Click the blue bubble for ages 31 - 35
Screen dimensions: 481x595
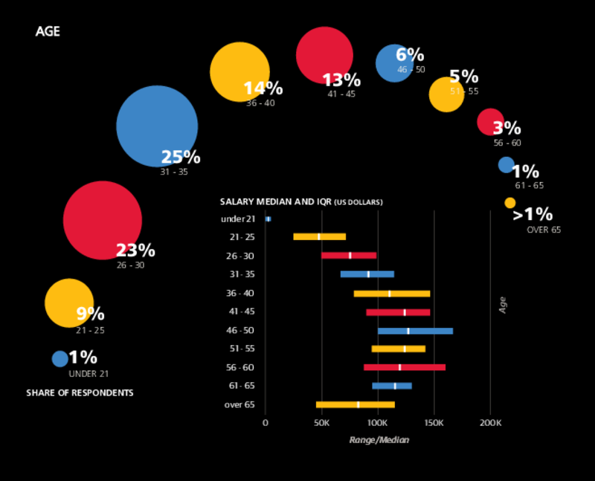tap(157, 126)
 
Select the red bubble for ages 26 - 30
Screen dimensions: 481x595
tap(103, 220)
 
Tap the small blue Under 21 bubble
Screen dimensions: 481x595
tap(59, 358)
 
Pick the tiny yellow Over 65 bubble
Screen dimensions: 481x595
tap(509, 203)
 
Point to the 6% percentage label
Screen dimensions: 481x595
tap(410, 55)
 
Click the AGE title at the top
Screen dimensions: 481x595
tap(48, 32)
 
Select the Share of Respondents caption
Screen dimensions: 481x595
tap(80, 393)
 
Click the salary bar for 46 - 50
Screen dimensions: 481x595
tap(415, 331)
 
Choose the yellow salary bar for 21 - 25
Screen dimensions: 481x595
tap(320, 236)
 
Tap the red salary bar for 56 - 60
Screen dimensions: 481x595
tap(405, 367)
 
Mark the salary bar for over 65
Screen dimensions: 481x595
tap(356, 404)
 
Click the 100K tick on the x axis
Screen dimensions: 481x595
tap(378, 424)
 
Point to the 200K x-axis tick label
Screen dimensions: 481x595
tap(490, 424)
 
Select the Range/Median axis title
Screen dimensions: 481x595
tap(379, 440)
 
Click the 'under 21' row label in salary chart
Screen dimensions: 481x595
tap(238, 219)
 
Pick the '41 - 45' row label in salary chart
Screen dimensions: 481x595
tap(240, 311)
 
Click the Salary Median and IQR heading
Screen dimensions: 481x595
tap(301, 201)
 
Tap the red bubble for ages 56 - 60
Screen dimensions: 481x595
tap(490, 122)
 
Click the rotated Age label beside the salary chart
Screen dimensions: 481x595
tap(503, 305)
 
